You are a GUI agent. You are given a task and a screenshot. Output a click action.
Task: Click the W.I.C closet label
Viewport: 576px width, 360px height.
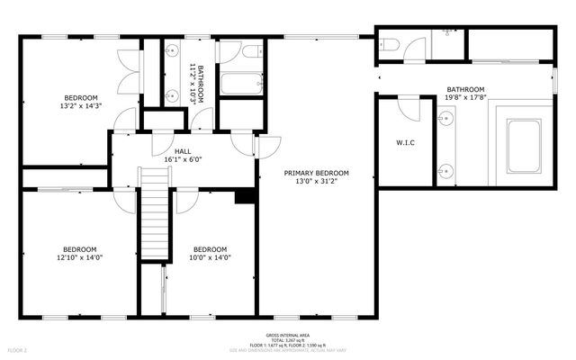tap(405, 143)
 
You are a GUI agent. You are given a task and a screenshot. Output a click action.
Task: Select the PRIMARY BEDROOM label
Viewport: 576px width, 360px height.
tap(316, 173)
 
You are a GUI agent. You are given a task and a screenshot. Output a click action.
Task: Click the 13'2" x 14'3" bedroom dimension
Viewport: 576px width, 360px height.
tap(80, 105)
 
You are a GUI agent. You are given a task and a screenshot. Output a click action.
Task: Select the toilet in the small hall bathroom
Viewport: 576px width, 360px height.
tap(250, 52)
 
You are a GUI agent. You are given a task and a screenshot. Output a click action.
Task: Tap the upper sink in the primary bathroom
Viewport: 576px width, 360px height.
tap(444, 118)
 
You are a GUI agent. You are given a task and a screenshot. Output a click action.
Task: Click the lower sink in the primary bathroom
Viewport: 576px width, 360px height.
tap(444, 169)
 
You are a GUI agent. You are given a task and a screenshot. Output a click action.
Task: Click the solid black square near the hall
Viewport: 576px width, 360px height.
tap(243, 197)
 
